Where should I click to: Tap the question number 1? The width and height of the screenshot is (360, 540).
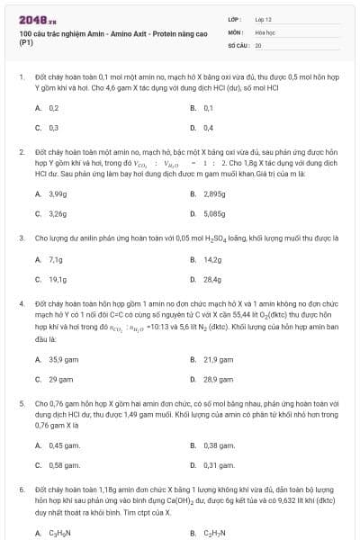click(x=21, y=79)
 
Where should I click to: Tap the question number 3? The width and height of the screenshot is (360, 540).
click(x=21, y=238)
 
